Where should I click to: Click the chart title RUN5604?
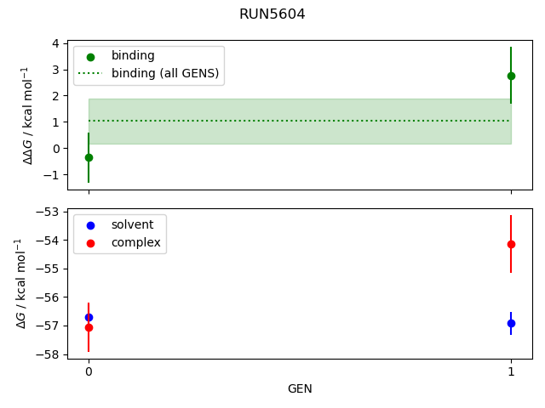[272, 14]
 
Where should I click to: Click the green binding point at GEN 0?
[89, 157]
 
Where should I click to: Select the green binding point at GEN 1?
[511, 76]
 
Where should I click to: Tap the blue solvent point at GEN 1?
[511, 323]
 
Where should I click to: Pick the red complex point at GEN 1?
[511, 244]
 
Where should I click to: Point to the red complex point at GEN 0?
[89, 327]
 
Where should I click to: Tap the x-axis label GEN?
[300, 389]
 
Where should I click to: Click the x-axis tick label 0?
[89, 371]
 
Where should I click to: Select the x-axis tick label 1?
[511, 371]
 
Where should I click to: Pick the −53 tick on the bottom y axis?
[49, 212]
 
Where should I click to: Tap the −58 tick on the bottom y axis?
[49, 354]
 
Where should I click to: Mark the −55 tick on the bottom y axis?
[49, 269]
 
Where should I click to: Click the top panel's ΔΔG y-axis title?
[27, 115]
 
